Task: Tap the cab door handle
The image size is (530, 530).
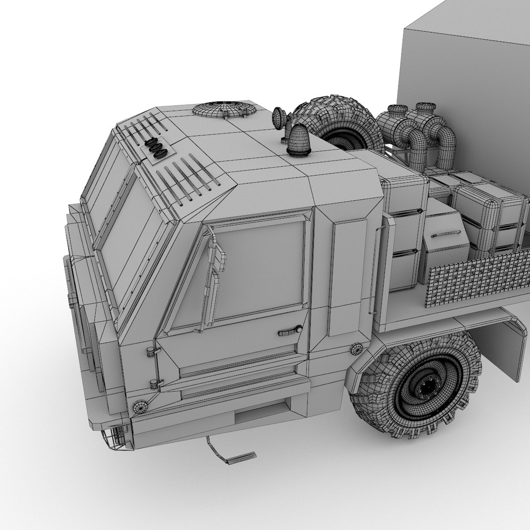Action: [290, 331]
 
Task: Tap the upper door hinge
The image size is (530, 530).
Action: [153, 351]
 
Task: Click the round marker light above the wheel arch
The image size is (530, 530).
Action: [357, 349]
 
